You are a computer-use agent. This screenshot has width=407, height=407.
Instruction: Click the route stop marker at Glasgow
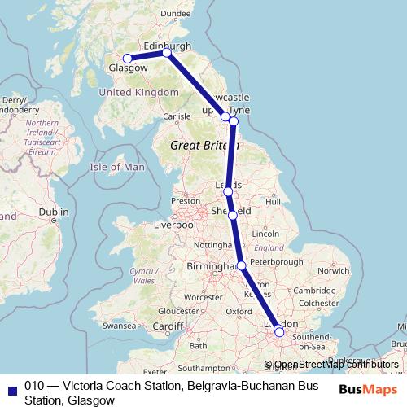[127, 58]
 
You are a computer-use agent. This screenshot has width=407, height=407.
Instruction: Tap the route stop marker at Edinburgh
[167, 53]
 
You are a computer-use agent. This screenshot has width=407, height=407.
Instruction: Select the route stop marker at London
[279, 331]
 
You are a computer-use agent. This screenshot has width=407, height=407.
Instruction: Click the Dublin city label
[54, 212]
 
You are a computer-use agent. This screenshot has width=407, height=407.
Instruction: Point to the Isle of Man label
[116, 167]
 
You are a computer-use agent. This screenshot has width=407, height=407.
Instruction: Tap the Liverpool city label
[176, 224]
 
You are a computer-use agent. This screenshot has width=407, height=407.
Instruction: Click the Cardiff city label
[168, 326]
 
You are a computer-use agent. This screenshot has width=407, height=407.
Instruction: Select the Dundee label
[176, 14]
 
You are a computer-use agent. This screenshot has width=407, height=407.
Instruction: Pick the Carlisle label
[176, 116]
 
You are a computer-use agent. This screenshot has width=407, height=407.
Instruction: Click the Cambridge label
[314, 291]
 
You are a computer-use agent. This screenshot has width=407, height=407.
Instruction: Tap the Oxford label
[239, 311]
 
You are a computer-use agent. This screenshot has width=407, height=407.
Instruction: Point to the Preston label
[186, 200]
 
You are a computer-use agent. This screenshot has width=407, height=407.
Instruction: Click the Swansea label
[118, 326]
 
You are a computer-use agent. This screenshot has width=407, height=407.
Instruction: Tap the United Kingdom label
[138, 93]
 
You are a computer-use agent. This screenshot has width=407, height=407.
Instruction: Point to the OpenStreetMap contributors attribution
[336, 365]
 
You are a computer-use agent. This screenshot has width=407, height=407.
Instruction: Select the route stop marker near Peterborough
[242, 265]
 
